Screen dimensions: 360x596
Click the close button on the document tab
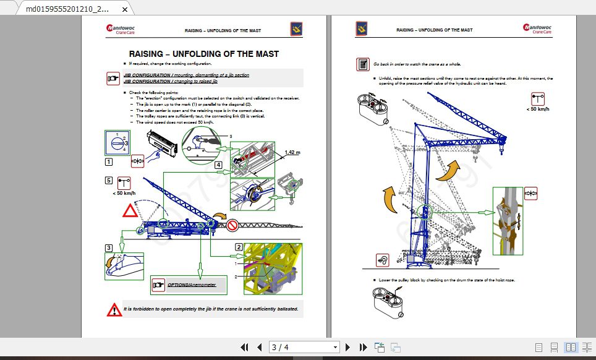(x=126, y=10)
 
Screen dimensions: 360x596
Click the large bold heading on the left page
(x=203, y=54)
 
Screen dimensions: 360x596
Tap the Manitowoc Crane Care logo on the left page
(x=119, y=29)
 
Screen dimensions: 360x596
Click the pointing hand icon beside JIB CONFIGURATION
(x=113, y=78)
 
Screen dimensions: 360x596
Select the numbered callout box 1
(x=109, y=162)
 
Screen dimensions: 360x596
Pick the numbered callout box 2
(x=239, y=247)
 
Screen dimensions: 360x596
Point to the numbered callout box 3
(x=109, y=247)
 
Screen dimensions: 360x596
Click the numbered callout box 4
(x=218, y=165)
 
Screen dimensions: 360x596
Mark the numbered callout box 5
(x=109, y=181)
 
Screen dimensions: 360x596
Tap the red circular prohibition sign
(x=233, y=225)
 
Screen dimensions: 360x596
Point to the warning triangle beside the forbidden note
(x=114, y=309)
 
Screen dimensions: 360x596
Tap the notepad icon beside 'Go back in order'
(x=363, y=64)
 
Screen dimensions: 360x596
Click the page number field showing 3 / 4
(x=305, y=347)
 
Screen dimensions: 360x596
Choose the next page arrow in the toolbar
(x=348, y=347)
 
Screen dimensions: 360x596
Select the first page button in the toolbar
(x=245, y=347)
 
